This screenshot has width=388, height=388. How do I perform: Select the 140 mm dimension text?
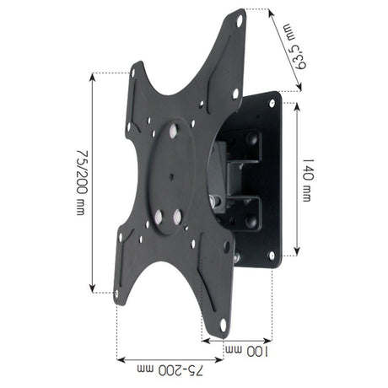point(308,179)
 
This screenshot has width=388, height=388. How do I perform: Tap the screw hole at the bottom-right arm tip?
point(224,322)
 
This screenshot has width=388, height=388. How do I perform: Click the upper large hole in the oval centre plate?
point(174,131)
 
